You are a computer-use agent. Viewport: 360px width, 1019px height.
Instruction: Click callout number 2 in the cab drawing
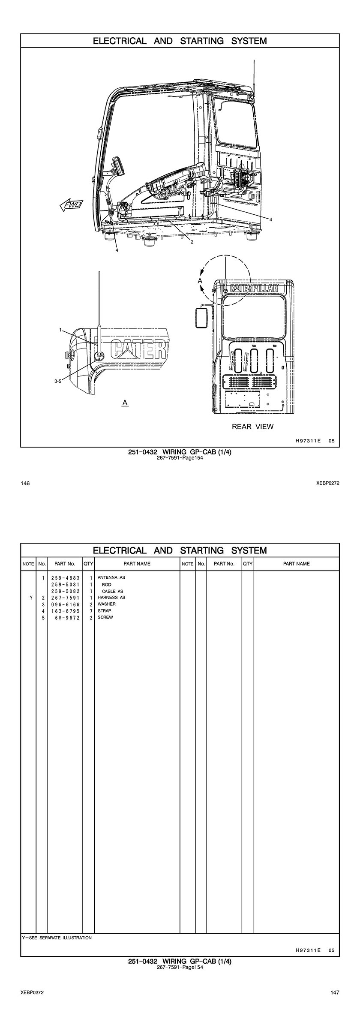pyautogui.click(x=192, y=242)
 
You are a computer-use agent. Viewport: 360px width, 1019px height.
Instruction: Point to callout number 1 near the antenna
pyautogui.click(x=61, y=330)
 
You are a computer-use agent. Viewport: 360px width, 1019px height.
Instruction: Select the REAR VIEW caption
pyautogui.click(x=252, y=427)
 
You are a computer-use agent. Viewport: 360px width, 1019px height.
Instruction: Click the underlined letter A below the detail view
pyautogui.click(x=125, y=403)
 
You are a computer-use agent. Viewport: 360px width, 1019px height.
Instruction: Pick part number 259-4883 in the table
pyautogui.click(x=66, y=578)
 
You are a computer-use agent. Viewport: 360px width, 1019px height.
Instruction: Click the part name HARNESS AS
pyautogui.click(x=111, y=598)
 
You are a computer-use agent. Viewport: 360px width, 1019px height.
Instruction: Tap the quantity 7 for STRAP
pyautogui.click(x=91, y=611)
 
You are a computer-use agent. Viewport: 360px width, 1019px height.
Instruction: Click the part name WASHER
pyautogui.click(x=107, y=604)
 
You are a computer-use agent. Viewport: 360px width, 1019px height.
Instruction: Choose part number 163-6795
pyautogui.click(x=66, y=611)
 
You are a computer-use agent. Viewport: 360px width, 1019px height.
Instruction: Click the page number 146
pyautogui.click(x=25, y=484)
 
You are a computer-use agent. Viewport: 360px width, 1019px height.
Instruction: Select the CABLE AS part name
pyautogui.click(x=113, y=591)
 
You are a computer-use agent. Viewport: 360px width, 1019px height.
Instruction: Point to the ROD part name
pyautogui.click(x=107, y=584)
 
